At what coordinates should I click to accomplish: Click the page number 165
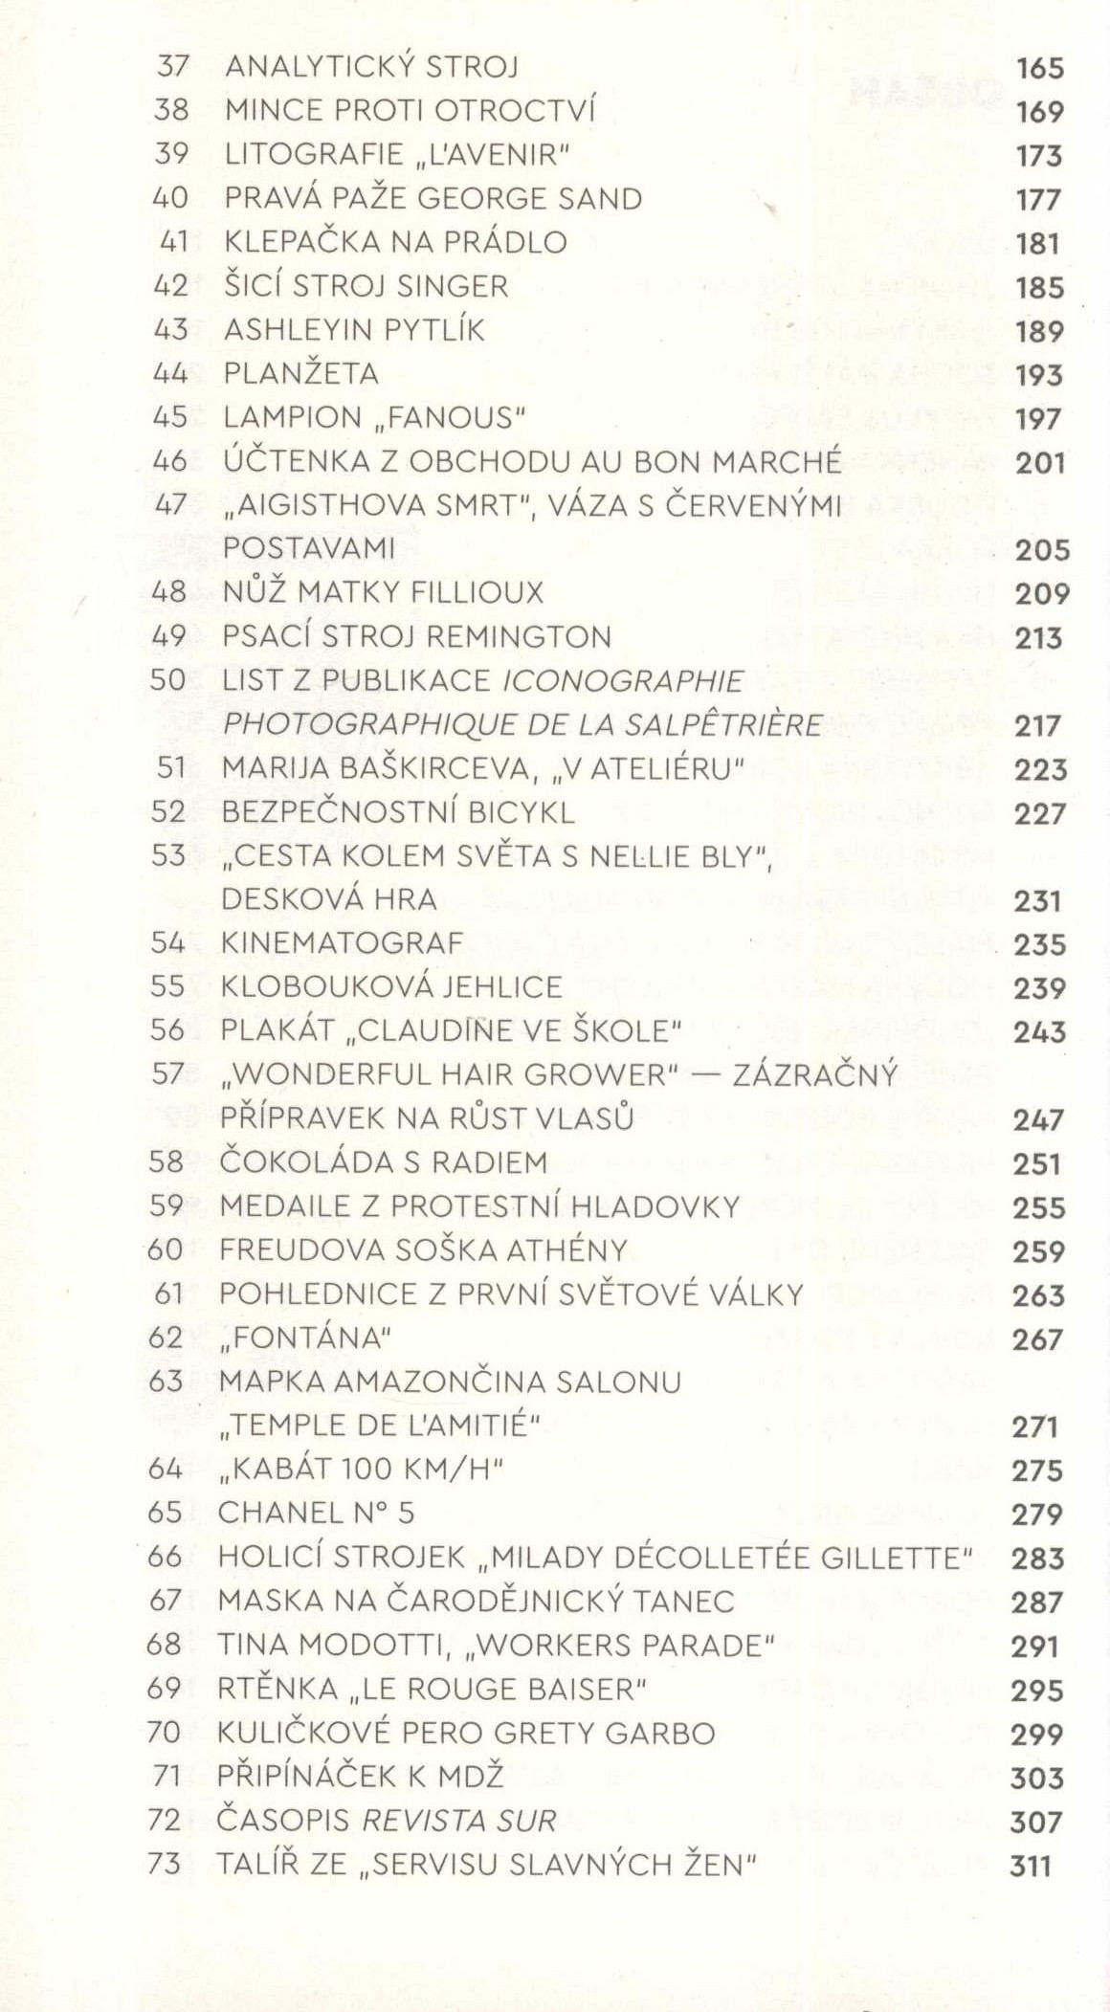(x=1039, y=68)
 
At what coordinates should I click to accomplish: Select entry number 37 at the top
(x=172, y=67)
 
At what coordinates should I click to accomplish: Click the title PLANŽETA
(x=301, y=373)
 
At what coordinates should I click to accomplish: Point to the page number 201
(x=1039, y=463)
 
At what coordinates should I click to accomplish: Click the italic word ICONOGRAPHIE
(x=623, y=681)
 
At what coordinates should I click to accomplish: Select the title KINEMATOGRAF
(x=342, y=943)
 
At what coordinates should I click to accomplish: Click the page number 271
(x=1034, y=1427)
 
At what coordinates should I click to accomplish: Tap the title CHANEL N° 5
(x=316, y=1514)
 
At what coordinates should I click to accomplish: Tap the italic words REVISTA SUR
(x=457, y=1821)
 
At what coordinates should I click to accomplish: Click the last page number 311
(x=1031, y=1867)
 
